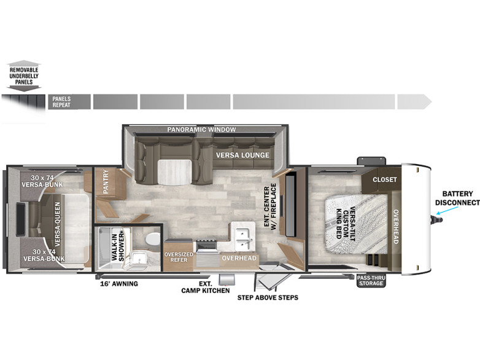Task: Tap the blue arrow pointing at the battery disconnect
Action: [449, 213]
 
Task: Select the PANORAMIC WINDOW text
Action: [201, 130]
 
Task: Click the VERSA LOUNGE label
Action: [242, 155]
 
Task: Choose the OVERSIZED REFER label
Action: [179, 257]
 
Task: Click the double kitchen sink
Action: [243, 233]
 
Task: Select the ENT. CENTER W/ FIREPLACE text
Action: [271, 206]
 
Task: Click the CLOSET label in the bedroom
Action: [384, 180]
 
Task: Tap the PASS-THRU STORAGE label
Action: [371, 280]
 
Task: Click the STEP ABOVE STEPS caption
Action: [268, 298]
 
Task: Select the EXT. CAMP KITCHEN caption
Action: [205, 287]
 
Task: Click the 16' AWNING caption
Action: [119, 283]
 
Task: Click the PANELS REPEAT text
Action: [61, 102]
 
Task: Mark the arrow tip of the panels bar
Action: [431, 101]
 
